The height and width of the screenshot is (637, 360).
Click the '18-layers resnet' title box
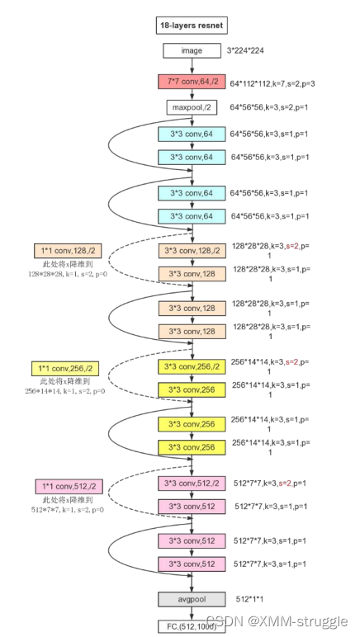point(191,26)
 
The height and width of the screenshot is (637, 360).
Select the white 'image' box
point(191,51)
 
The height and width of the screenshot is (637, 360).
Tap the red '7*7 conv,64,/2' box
point(191,82)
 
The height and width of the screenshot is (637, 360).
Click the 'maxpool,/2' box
point(191,107)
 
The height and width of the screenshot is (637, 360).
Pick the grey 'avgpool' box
point(191,598)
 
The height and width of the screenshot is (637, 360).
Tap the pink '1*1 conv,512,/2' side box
point(69,486)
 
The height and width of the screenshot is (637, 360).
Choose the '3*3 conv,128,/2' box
point(191,249)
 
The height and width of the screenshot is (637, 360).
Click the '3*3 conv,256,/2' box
point(191,366)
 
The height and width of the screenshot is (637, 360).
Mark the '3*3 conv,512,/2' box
point(191,484)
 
